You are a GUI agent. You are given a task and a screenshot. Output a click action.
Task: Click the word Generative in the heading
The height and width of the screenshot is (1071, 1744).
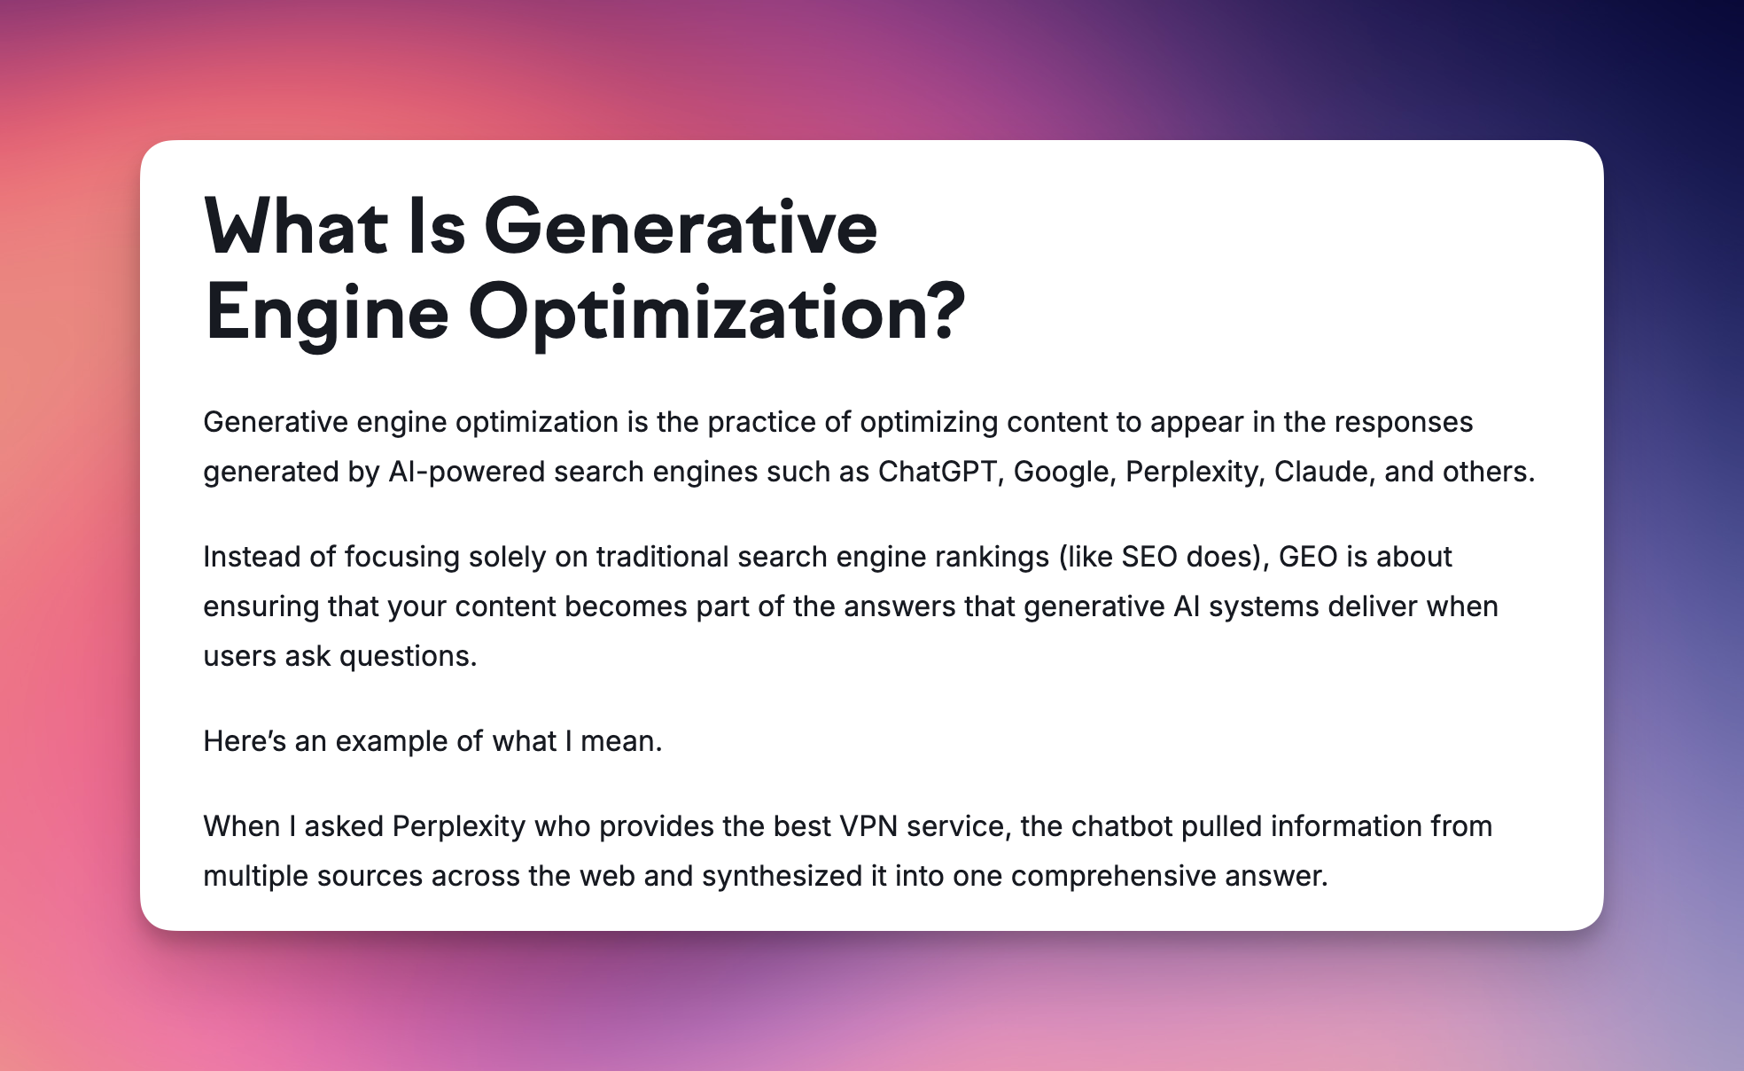pos(681,227)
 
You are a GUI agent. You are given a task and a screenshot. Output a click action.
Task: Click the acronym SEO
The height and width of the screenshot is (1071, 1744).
pos(1149,556)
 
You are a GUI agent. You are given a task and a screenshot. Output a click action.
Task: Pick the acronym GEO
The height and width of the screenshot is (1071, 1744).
pos(1308,556)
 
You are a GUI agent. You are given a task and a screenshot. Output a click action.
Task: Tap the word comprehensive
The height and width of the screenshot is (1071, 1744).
pos(1113,877)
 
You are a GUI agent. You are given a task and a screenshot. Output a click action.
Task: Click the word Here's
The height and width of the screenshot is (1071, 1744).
pos(245,740)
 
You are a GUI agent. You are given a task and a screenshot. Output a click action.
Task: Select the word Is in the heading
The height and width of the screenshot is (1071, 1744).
pos(437,227)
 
